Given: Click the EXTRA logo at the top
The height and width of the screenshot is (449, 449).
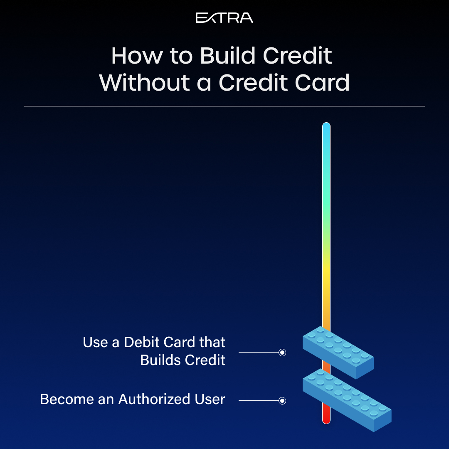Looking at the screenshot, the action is point(224,18).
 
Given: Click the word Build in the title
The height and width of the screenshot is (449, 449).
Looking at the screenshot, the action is point(227,56).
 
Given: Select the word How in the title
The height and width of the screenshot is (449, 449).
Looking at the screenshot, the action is point(137,56).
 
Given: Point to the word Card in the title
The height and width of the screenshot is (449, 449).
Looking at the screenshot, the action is point(322,82).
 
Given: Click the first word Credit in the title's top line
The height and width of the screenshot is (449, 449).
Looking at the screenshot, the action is point(297,56).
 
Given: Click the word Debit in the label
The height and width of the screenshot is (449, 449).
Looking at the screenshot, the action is point(142,342).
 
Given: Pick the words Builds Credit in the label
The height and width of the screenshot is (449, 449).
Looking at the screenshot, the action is point(183,360).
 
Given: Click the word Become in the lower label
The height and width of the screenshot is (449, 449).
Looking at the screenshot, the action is point(67,399).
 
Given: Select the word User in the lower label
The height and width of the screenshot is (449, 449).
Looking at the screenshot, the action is point(210,399).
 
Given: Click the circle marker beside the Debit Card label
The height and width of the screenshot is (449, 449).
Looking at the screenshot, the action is point(282,353).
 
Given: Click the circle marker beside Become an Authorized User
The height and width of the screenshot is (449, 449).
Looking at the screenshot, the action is point(282,401).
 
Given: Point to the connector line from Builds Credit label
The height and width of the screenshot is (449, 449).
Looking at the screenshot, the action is point(259,353).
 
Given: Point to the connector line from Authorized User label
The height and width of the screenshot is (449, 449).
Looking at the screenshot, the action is point(259,401).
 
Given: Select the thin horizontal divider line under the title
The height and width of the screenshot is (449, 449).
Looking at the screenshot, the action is point(224,106).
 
